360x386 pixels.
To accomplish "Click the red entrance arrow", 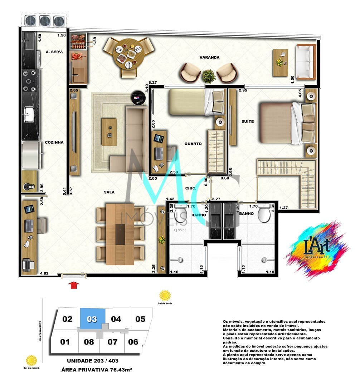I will point(74,285).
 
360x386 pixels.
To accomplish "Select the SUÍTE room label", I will point(247,122).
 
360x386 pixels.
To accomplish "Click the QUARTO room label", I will point(193,144).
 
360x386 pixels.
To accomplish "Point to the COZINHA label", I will point(54,142).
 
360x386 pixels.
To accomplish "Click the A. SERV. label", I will point(54,52).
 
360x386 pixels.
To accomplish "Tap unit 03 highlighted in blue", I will point(92,319).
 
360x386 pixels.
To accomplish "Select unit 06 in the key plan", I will point(133,342).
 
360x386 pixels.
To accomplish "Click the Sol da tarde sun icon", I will point(165,296).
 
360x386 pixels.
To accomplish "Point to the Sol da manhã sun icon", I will point(31,360).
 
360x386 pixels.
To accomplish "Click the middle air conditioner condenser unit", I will point(44,21).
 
